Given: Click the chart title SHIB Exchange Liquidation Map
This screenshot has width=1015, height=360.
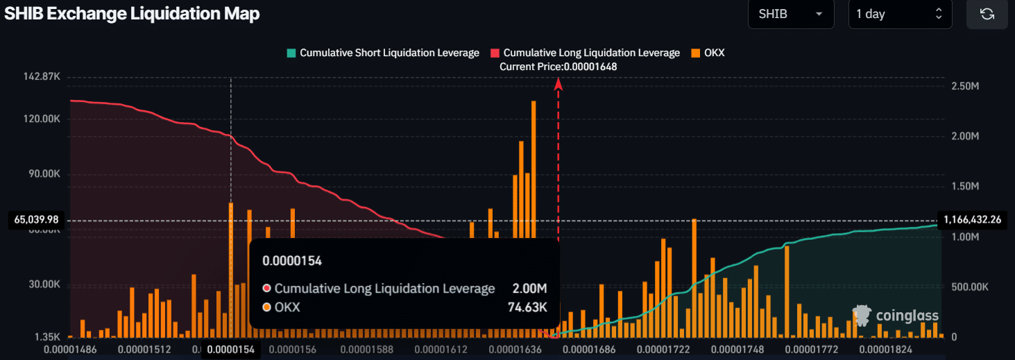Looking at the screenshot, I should click(132, 14).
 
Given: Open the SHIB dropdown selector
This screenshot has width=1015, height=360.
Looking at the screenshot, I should click(790, 14).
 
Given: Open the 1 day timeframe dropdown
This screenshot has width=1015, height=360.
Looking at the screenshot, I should click(899, 14).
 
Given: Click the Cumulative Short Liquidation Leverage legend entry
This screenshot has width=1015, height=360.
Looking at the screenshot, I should click(382, 53).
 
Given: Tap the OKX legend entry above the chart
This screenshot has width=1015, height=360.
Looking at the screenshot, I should click(707, 53).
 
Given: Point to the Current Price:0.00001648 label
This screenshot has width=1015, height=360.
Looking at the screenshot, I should click(558, 67).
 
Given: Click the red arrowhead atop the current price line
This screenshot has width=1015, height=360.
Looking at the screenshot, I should click(558, 83).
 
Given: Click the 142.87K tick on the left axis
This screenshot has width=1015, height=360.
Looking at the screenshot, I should click(42, 76).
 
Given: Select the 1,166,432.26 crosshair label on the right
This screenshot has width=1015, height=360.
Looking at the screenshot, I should click(972, 220).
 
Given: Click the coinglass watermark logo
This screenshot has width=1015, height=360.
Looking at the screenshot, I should click(896, 316).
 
